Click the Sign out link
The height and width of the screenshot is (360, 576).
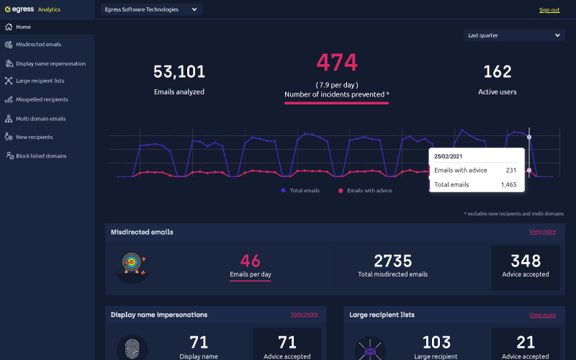tap(549, 10)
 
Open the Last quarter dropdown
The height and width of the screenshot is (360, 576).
tap(514, 35)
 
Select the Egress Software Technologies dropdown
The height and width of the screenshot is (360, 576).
tap(151, 9)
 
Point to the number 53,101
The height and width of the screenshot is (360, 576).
tap(179, 71)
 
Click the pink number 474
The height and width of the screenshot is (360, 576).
tap(337, 63)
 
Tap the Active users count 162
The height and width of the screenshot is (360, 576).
tap(498, 71)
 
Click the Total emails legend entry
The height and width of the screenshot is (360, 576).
tap(300, 190)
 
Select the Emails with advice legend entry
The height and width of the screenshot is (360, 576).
tap(365, 190)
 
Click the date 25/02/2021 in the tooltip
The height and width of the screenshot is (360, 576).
tap(448, 156)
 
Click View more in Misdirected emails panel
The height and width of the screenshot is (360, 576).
tap(542, 231)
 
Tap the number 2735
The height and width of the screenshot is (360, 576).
tap(392, 261)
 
